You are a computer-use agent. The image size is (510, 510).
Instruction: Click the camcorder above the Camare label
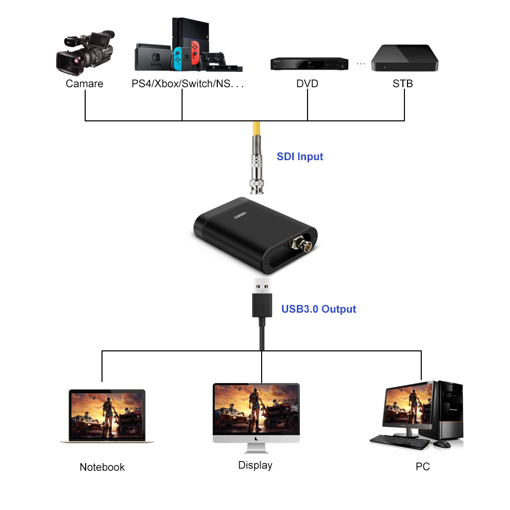(84, 53)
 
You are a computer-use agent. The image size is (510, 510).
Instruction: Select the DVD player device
(309, 64)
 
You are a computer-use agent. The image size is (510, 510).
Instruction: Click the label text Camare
(84, 84)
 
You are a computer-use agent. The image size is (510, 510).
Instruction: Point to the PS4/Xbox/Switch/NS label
(187, 84)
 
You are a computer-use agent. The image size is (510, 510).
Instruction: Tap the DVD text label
(307, 84)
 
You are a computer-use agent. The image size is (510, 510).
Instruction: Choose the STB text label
(402, 84)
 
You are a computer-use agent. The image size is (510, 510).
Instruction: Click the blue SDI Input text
(300, 157)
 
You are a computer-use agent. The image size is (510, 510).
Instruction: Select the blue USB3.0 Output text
(319, 309)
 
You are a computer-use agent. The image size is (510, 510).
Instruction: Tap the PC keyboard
(399, 442)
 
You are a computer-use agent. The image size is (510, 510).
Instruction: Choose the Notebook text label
(102, 467)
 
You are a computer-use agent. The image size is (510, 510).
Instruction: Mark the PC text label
(423, 467)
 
